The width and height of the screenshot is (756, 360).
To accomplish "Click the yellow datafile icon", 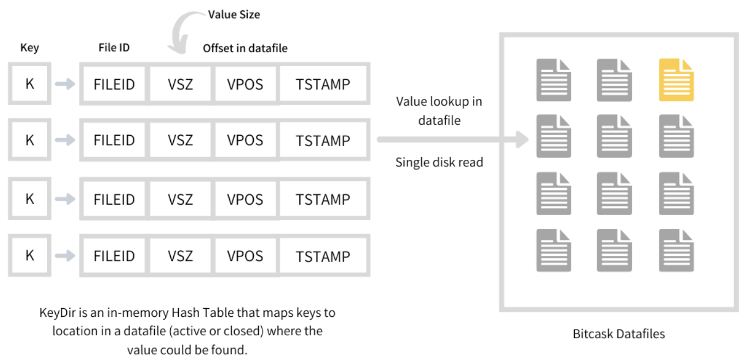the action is pos(677,80).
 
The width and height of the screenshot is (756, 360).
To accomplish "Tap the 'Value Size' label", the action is pos(234,14).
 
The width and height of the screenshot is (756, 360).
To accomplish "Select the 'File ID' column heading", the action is pos(114,48).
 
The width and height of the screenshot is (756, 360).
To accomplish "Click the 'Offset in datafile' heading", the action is pos(245,48).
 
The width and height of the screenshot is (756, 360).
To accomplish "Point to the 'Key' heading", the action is pos(30,48).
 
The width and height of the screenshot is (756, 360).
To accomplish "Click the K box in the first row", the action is pos(30,83).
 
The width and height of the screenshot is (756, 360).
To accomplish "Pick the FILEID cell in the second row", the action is pos(114,140).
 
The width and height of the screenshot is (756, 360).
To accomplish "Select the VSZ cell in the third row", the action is pos(181,199).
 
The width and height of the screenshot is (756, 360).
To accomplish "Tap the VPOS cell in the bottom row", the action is pos(245,255).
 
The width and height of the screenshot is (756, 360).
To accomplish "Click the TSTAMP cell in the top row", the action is pos(323,83).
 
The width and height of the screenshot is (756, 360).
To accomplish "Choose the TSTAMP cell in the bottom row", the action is pos(323,256).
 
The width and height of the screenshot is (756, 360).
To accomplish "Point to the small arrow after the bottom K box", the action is pos(65,255).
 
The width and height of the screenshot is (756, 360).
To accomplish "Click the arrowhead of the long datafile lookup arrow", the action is pos(522,139).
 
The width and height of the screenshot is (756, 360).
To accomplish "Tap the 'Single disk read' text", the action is pos(439,162).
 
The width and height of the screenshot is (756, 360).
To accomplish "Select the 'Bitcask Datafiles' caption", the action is pos(618,334).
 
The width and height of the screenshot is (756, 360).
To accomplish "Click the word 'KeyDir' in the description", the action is pos(58,313).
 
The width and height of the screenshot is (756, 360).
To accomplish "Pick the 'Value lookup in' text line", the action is pos(439,101).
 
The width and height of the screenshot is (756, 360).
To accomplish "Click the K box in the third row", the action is pos(30,199).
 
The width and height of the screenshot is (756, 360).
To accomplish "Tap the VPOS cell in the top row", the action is pos(245,83).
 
